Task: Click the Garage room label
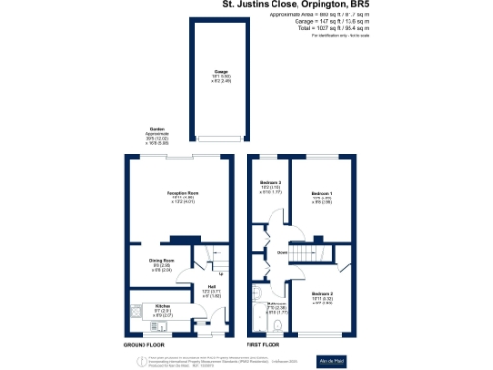[x=221, y=74]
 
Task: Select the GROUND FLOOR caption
[x=143, y=343]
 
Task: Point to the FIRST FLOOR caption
[x=263, y=343]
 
